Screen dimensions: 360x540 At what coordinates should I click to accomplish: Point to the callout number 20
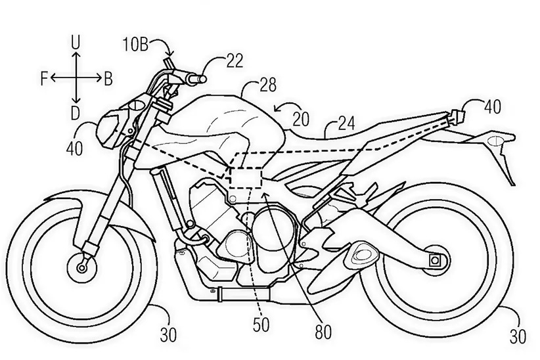pyautogui.click(x=302, y=118)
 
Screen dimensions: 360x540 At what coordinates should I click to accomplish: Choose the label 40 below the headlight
pyautogui.click(x=74, y=147)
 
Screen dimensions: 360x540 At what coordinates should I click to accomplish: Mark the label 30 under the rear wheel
pyautogui.click(x=518, y=338)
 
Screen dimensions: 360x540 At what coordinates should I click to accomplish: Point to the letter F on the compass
pyautogui.click(x=43, y=79)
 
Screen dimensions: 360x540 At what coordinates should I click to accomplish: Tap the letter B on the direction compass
pyautogui.click(x=108, y=79)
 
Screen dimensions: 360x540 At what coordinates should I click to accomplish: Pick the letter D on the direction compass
pyautogui.click(x=76, y=113)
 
